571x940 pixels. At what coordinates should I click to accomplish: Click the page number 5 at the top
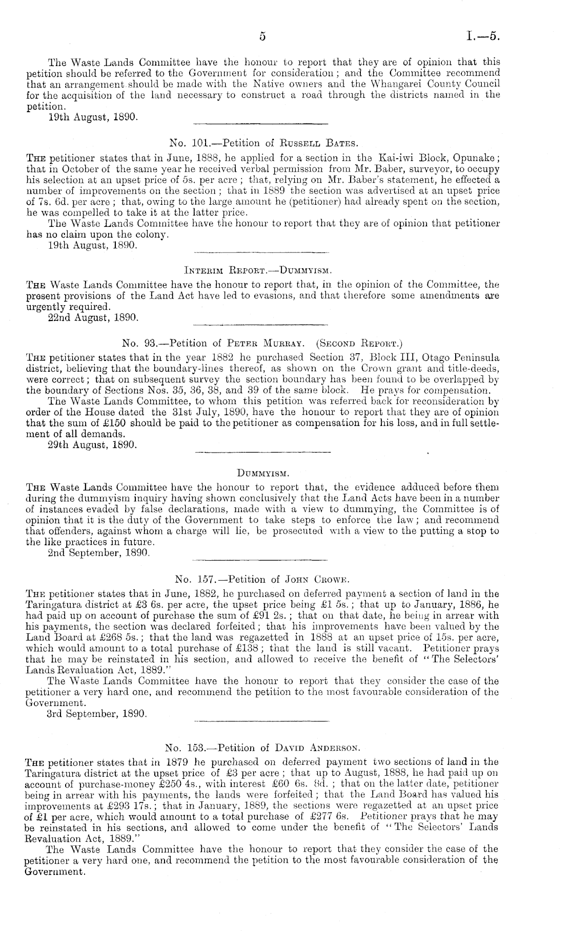[x=262, y=36]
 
